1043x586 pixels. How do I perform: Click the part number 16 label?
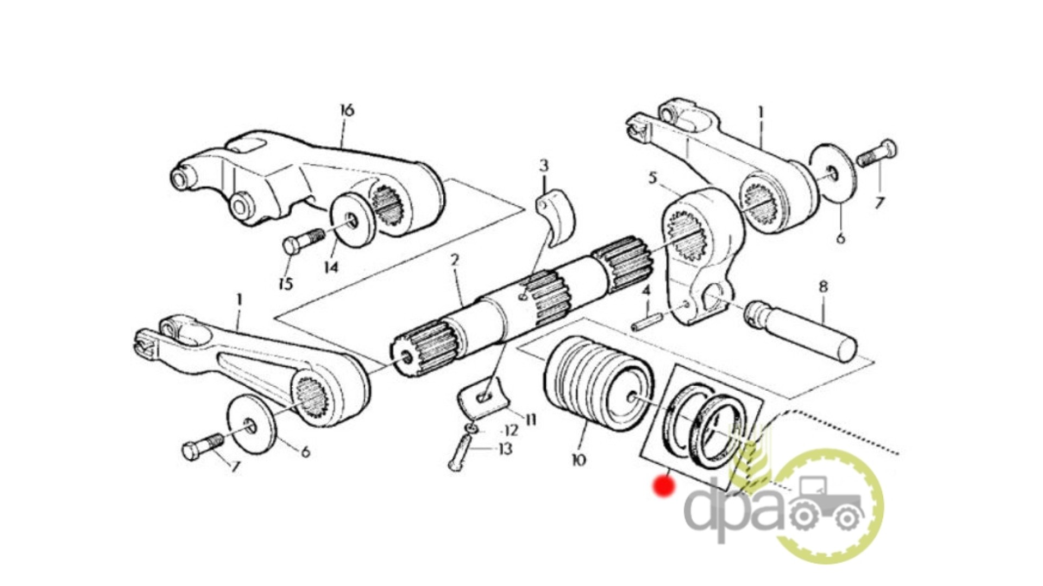347,110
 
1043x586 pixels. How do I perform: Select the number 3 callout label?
544,165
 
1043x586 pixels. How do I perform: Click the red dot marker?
664,486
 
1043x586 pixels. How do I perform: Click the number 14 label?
331,267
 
